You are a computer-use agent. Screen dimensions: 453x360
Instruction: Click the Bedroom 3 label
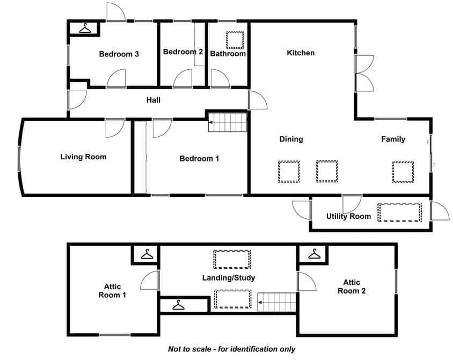[119, 54]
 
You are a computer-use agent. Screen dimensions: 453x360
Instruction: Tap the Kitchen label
[301, 53]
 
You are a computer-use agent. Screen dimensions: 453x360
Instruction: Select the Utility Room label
[348, 216]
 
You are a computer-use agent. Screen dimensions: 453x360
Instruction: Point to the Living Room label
[83, 157]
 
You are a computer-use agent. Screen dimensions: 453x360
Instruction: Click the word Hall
[153, 100]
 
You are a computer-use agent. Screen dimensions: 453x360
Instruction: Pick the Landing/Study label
[229, 278]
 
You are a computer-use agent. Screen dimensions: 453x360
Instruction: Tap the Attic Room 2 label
[352, 286]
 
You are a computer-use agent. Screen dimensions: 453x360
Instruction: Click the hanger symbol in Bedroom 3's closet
[85, 28]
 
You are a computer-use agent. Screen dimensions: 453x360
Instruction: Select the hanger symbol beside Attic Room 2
[314, 254]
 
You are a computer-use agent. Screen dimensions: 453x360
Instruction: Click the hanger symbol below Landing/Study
[178, 305]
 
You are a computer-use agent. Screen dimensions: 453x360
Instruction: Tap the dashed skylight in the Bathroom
[235, 40]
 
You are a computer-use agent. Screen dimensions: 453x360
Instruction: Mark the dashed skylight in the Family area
[403, 172]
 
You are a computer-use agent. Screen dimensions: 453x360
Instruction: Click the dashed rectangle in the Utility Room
[399, 212]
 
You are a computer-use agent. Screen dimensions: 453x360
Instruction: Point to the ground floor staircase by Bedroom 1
[228, 122]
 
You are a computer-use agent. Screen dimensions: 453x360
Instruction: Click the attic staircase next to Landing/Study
[277, 302]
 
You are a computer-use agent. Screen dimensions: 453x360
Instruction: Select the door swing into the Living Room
[115, 128]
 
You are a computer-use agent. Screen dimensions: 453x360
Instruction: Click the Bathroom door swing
[221, 78]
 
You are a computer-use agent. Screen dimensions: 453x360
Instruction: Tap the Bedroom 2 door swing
[182, 78]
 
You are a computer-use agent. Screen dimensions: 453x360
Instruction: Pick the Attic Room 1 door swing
[150, 280]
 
